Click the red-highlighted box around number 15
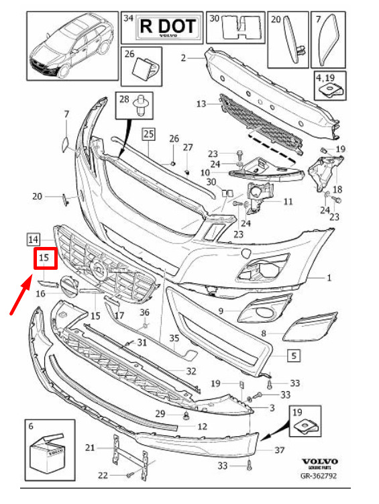(46, 258)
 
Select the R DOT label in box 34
(168, 27)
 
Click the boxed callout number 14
(33, 240)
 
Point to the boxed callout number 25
(149, 134)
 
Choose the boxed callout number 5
(294, 356)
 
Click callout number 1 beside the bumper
(329, 277)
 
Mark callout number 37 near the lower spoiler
(280, 450)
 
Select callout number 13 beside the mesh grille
(201, 104)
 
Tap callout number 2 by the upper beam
(183, 58)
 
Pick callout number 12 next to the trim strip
(203, 427)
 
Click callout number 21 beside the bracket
(91, 448)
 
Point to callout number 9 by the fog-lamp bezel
(221, 311)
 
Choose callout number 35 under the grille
(174, 338)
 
